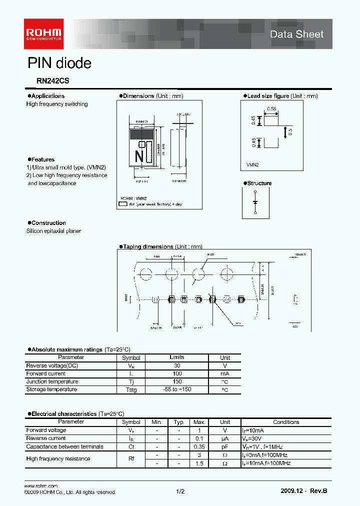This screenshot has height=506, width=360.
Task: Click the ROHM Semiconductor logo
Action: click(x=44, y=33)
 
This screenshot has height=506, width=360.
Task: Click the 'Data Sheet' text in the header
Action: click(x=297, y=34)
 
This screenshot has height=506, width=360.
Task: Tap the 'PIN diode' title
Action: click(x=59, y=63)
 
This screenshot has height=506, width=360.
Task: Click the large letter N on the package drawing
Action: click(x=139, y=156)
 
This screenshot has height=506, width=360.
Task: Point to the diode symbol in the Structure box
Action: click(x=255, y=202)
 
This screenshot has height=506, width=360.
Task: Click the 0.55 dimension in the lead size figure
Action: click(x=271, y=108)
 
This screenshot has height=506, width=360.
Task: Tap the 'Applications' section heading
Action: click(x=47, y=96)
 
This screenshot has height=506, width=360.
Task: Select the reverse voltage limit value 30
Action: click(x=177, y=365)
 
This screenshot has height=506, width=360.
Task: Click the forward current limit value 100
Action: click(x=177, y=373)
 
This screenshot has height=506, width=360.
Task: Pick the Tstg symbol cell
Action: click(x=131, y=389)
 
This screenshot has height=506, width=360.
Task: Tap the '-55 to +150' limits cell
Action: click(x=177, y=389)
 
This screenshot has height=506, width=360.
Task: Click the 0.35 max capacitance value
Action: click(x=199, y=446)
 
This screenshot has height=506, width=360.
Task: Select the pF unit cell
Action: click(x=225, y=446)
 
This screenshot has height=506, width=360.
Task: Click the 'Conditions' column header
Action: click(x=286, y=422)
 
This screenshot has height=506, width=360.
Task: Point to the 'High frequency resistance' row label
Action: click(x=58, y=458)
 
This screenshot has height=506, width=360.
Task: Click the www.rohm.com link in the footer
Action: click(x=41, y=486)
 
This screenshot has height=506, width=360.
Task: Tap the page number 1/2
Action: click(x=180, y=492)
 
